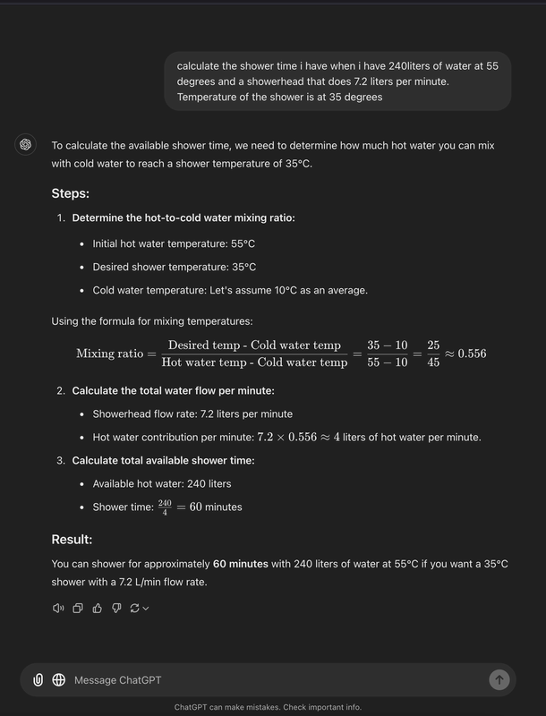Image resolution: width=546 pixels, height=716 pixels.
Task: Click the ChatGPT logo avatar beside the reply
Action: click(26, 144)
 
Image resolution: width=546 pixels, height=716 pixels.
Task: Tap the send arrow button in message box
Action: click(499, 679)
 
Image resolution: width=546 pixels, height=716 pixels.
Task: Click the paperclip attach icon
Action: click(38, 680)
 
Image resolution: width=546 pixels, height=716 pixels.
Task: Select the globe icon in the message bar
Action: click(58, 680)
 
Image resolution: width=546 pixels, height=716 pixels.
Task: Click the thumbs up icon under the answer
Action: click(97, 609)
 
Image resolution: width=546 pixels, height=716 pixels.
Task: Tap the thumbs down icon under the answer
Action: click(116, 609)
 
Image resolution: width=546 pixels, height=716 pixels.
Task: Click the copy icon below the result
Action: click(78, 609)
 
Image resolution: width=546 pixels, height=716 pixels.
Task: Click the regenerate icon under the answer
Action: click(134, 609)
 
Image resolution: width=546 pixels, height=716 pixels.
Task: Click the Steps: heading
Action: click(70, 193)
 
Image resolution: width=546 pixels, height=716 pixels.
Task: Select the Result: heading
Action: click(72, 539)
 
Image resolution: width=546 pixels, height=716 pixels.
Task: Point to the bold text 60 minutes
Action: click(240, 564)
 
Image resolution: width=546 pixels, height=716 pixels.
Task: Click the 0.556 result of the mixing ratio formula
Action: click(471, 354)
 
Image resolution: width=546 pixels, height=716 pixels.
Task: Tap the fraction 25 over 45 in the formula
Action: click(432, 354)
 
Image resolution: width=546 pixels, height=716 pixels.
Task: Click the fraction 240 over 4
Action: click(165, 507)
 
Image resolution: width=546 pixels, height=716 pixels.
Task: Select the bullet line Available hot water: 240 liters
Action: click(161, 483)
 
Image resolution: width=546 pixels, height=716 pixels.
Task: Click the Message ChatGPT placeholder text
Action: click(117, 680)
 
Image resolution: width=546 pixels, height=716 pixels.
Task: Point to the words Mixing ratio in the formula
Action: click(109, 354)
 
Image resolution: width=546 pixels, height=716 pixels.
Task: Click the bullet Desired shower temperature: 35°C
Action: click(174, 267)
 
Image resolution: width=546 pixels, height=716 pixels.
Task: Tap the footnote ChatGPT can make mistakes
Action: click(268, 707)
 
